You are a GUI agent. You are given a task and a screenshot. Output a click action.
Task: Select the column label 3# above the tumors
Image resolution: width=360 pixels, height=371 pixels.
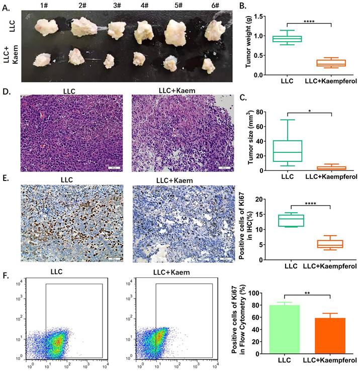coord(118,6)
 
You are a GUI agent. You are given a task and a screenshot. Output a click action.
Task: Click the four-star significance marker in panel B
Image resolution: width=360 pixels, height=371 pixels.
coord(310,21)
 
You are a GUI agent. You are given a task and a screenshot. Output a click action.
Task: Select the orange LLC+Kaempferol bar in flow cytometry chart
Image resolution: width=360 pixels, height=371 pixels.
coord(330,336)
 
